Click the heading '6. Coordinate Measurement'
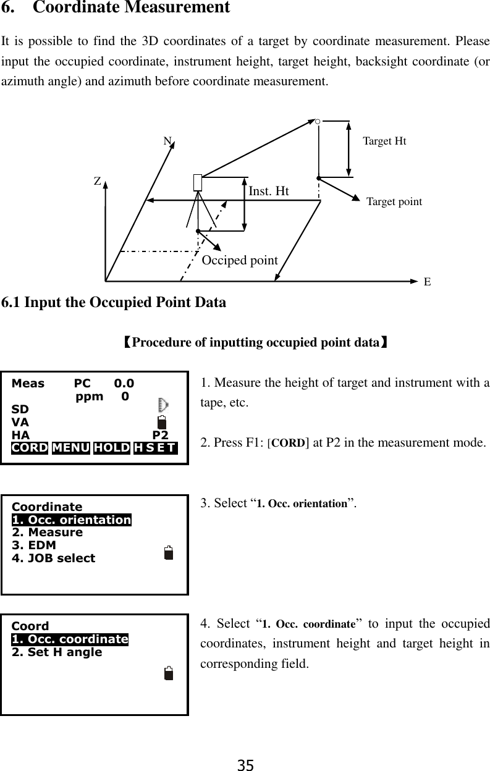pyautogui.click(x=116, y=9)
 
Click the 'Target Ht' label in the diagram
pyautogui.click(x=384, y=141)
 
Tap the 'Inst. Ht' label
pyautogui.click(x=268, y=192)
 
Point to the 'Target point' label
pyautogui.click(x=394, y=202)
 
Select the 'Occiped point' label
pyautogui.click(x=240, y=260)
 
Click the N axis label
pyautogui.click(x=167, y=141)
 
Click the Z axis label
pyautogui.click(x=98, y=182)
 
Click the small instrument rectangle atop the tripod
pyautogui.click(x=198, y=182)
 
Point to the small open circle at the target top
pyautogui.click(x=317, y=122)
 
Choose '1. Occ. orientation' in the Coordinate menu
pyautogui.click(x=72, y=520)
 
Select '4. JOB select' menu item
pyautogui.click(x=54, y=558)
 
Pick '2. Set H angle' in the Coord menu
pyautogui.click(x=57, y=652)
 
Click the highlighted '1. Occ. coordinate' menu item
pyautogui.click(x=70, y=639)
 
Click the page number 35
pyautogui.click(x=245, y=765)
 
